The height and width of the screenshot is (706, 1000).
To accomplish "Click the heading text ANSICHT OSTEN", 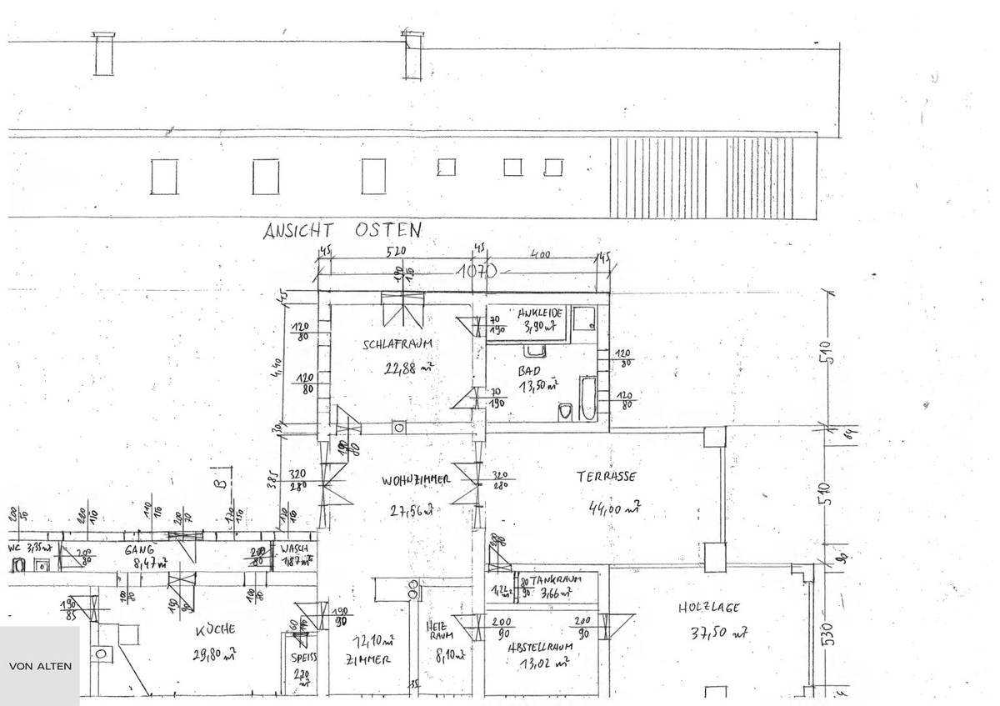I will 342,230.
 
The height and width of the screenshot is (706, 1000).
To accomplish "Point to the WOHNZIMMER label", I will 417,479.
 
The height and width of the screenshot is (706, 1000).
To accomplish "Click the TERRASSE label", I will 607,477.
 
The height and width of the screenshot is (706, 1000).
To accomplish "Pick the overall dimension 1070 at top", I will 476,271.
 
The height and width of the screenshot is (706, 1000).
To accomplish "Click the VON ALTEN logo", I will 39,666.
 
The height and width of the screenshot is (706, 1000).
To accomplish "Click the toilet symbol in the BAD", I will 565,410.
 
